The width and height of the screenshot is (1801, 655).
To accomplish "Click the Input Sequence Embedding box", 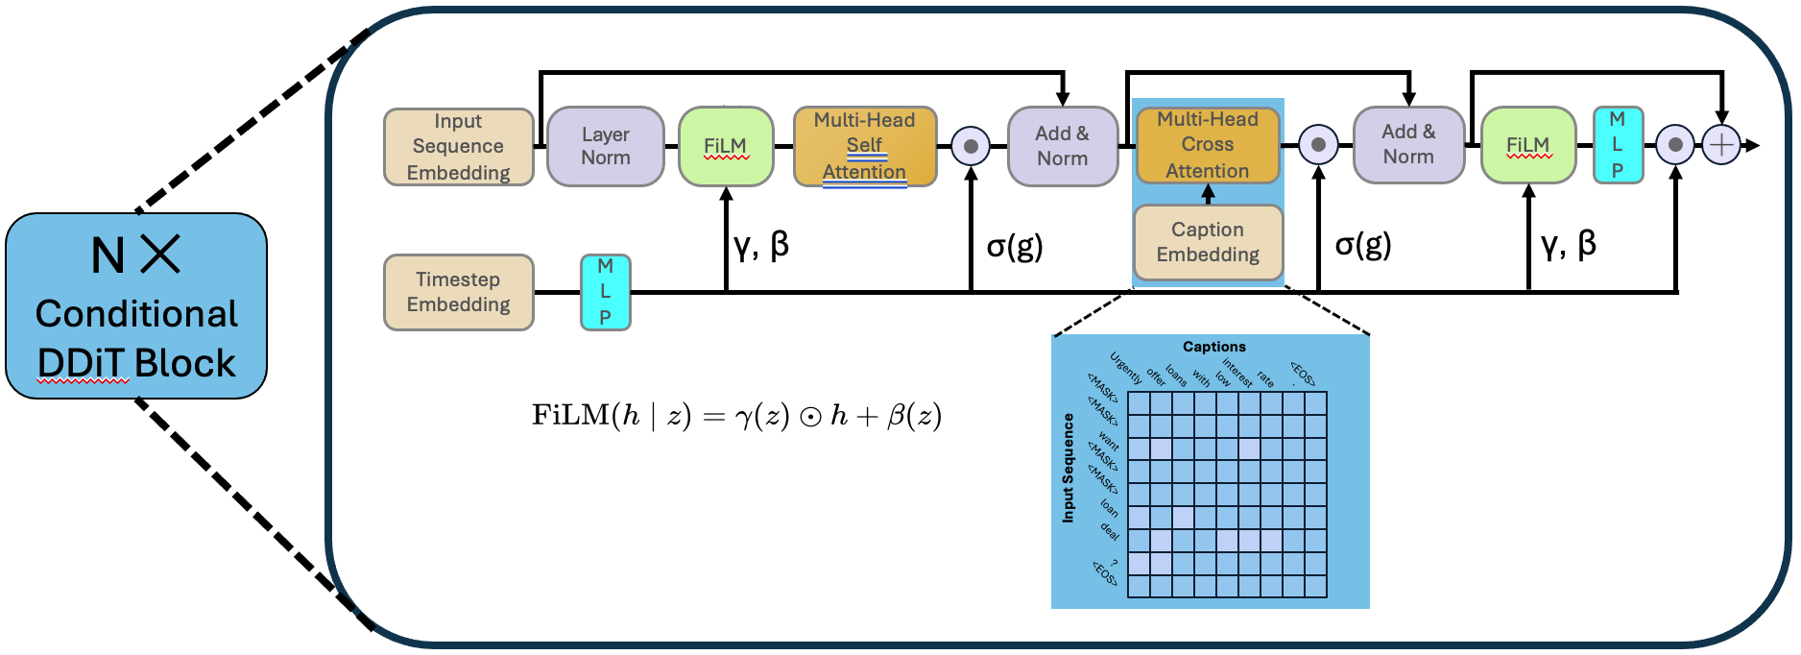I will tap(458, 147).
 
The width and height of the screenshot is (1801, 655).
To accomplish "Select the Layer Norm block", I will tap(605, 146).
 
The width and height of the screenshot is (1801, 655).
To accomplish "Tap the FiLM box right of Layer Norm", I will tap(725, 146).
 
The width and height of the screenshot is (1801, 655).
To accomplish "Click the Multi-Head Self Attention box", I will tap(864, 146).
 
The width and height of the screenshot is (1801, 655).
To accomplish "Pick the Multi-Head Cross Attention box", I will tap(1207, 145).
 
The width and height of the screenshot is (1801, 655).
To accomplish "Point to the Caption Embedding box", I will tap(1208, 242).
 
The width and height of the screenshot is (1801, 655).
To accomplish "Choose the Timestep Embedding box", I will tap(458, 292).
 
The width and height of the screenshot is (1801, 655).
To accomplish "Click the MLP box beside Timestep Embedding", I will tap(605, 292).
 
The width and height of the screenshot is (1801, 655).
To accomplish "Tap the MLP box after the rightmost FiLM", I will tap(1617, 145).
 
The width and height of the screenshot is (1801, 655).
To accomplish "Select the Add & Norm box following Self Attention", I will tap(1062, 146).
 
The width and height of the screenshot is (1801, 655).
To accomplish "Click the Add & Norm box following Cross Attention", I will tap(1408, 145).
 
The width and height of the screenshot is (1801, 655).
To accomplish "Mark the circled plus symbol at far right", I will tap(1721, 146).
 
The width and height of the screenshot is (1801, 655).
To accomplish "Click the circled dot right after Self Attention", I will tap(971, 146).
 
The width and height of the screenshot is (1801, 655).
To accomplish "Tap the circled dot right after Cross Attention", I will tap(1318, 145).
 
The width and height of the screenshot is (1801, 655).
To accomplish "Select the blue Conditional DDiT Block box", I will tap(136, 305).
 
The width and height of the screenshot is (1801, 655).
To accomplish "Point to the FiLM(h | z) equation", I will tap(736, 416).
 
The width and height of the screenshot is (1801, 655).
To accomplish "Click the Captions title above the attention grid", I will tap(1213, 347).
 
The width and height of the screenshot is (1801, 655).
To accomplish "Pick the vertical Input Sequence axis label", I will tap(1068, 469).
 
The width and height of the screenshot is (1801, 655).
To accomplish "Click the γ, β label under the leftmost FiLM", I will tap(761, 246).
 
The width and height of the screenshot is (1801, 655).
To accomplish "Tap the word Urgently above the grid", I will tap(1126, 368).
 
